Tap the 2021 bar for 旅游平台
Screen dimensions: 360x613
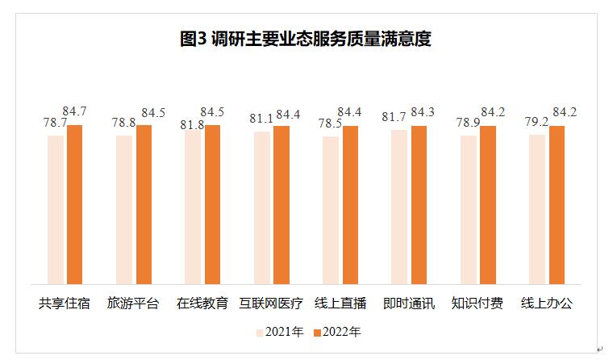(x=124, y=209)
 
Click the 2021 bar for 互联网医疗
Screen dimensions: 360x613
(x=262, y=207)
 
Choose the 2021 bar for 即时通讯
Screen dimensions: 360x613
(x=399, y=207)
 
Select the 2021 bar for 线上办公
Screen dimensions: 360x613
(x=537, y=209)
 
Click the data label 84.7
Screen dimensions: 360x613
(x=76, y=111)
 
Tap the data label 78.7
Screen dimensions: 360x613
(x=54, y=123)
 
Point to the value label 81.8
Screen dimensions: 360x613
(x=192, y=123)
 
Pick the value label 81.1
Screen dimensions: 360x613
(x=261, y=119)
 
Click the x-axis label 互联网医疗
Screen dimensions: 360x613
(x=271, y=304)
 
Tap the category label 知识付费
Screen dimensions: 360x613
(x=477, y=304)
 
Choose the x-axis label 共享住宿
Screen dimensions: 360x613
(x=65, y=304)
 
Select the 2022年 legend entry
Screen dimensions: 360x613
(x=337, y=331)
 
